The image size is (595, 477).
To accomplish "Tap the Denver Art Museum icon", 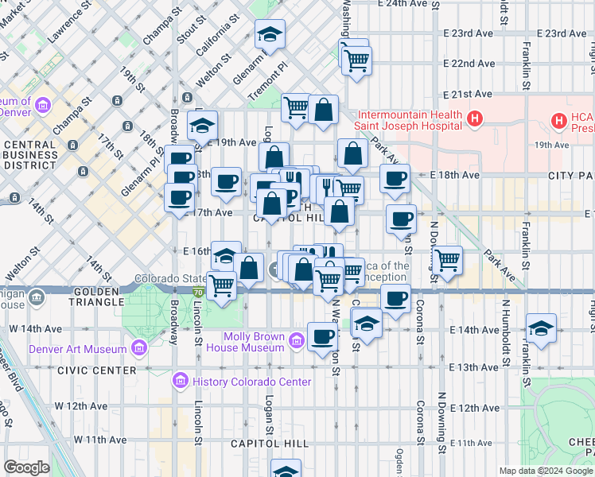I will [x=139, y=349].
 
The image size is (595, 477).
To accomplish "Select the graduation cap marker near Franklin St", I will [x=541, y=328].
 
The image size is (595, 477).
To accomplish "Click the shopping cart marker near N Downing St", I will [x=449, y=260].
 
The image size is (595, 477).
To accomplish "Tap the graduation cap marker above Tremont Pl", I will [x=270, y=34].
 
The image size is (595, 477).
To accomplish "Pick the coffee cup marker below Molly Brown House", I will [x=321, y=336].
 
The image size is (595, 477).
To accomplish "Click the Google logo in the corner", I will [x=26, y=467].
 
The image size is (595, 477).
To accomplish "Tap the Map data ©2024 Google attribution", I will [x=545, y=471].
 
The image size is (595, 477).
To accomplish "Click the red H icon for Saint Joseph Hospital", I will [x=475, y=119].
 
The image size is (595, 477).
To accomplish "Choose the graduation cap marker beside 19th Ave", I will [x=203, y=126].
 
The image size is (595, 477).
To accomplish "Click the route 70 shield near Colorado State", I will [x=196, y=293].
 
